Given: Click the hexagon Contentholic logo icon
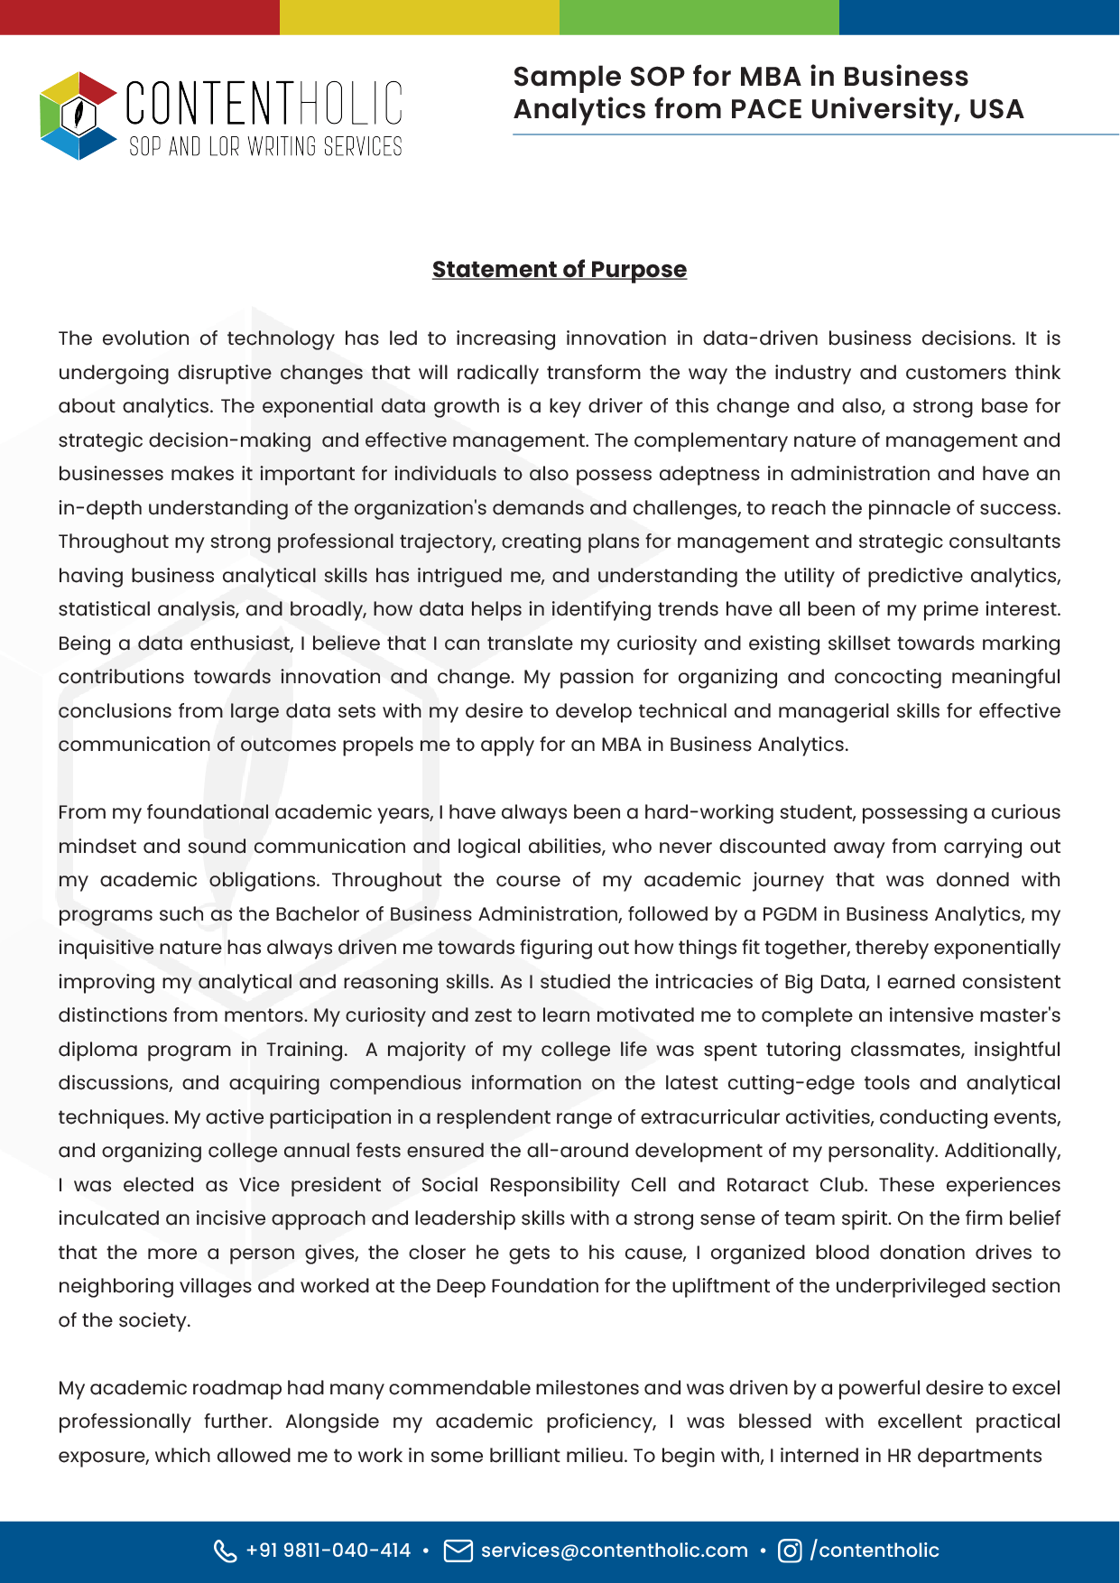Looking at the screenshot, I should pyautogui.click(x=79, y=116).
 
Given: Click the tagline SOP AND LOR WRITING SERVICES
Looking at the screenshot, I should pyautogui.click(x=265, y=147).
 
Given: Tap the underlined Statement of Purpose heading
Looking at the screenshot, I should pyautogui.click(x=559, y=269).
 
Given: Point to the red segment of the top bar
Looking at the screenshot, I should pyautogui.click(x=140, y=17).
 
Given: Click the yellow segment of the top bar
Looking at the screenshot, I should pyautogui.click(x=420, y=17).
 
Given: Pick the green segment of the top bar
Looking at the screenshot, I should pyautogui.click(x=699, y=17).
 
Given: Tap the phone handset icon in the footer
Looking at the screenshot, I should pyautogui.click(x=225, y=1551).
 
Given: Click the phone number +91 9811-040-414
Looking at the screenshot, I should pyautogui.click(x=328, y=1551).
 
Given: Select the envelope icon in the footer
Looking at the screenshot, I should pyautogui.click(x=458, y=1551).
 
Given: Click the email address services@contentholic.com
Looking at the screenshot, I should pyautogui.click(x=614, y=1551).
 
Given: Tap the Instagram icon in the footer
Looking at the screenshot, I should pyautogui.click(x=790, y=1551).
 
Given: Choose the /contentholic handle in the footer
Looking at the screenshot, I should pyautogui.click(x=875, y=1551).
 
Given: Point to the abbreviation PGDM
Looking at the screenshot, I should pyautogui.click(x=789, y=914).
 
